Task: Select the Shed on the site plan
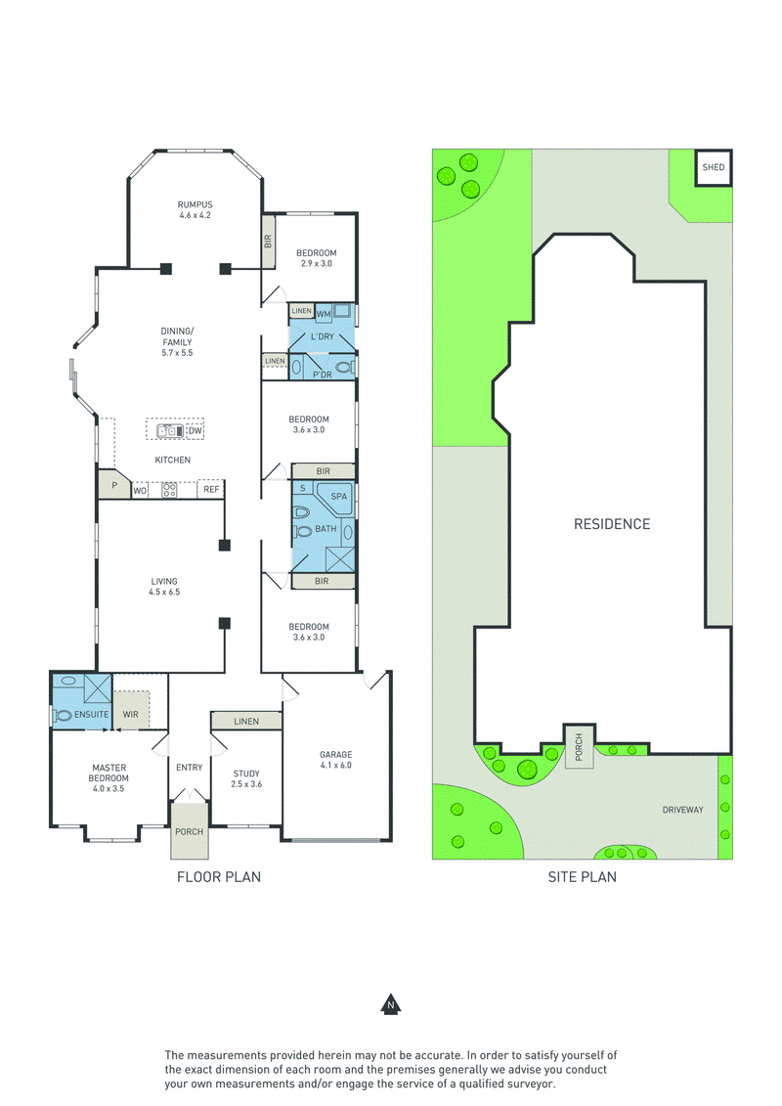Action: click(x=714, y=168)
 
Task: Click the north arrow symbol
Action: click(x=391, y=1004)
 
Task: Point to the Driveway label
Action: click(x=682, y=810)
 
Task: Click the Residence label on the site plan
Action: click(x=612, y=524)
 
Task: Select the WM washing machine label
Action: click(x=323, y=314)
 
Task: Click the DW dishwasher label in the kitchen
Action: click(x=195, y=430)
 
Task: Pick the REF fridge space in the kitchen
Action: click(x=211, y=490)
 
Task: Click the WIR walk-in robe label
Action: click(x=130, y=715)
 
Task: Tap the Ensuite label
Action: click(x=92, y=715)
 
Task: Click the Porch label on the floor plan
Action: click(x=189, y=831)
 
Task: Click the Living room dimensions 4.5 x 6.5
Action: click(x=164, y=592)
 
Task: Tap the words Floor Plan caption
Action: click(x=219, y=877)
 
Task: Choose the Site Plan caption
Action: click(x=583, y=877)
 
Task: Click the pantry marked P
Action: click(x=114, y=485)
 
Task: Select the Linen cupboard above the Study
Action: click(x=246, y=721)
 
